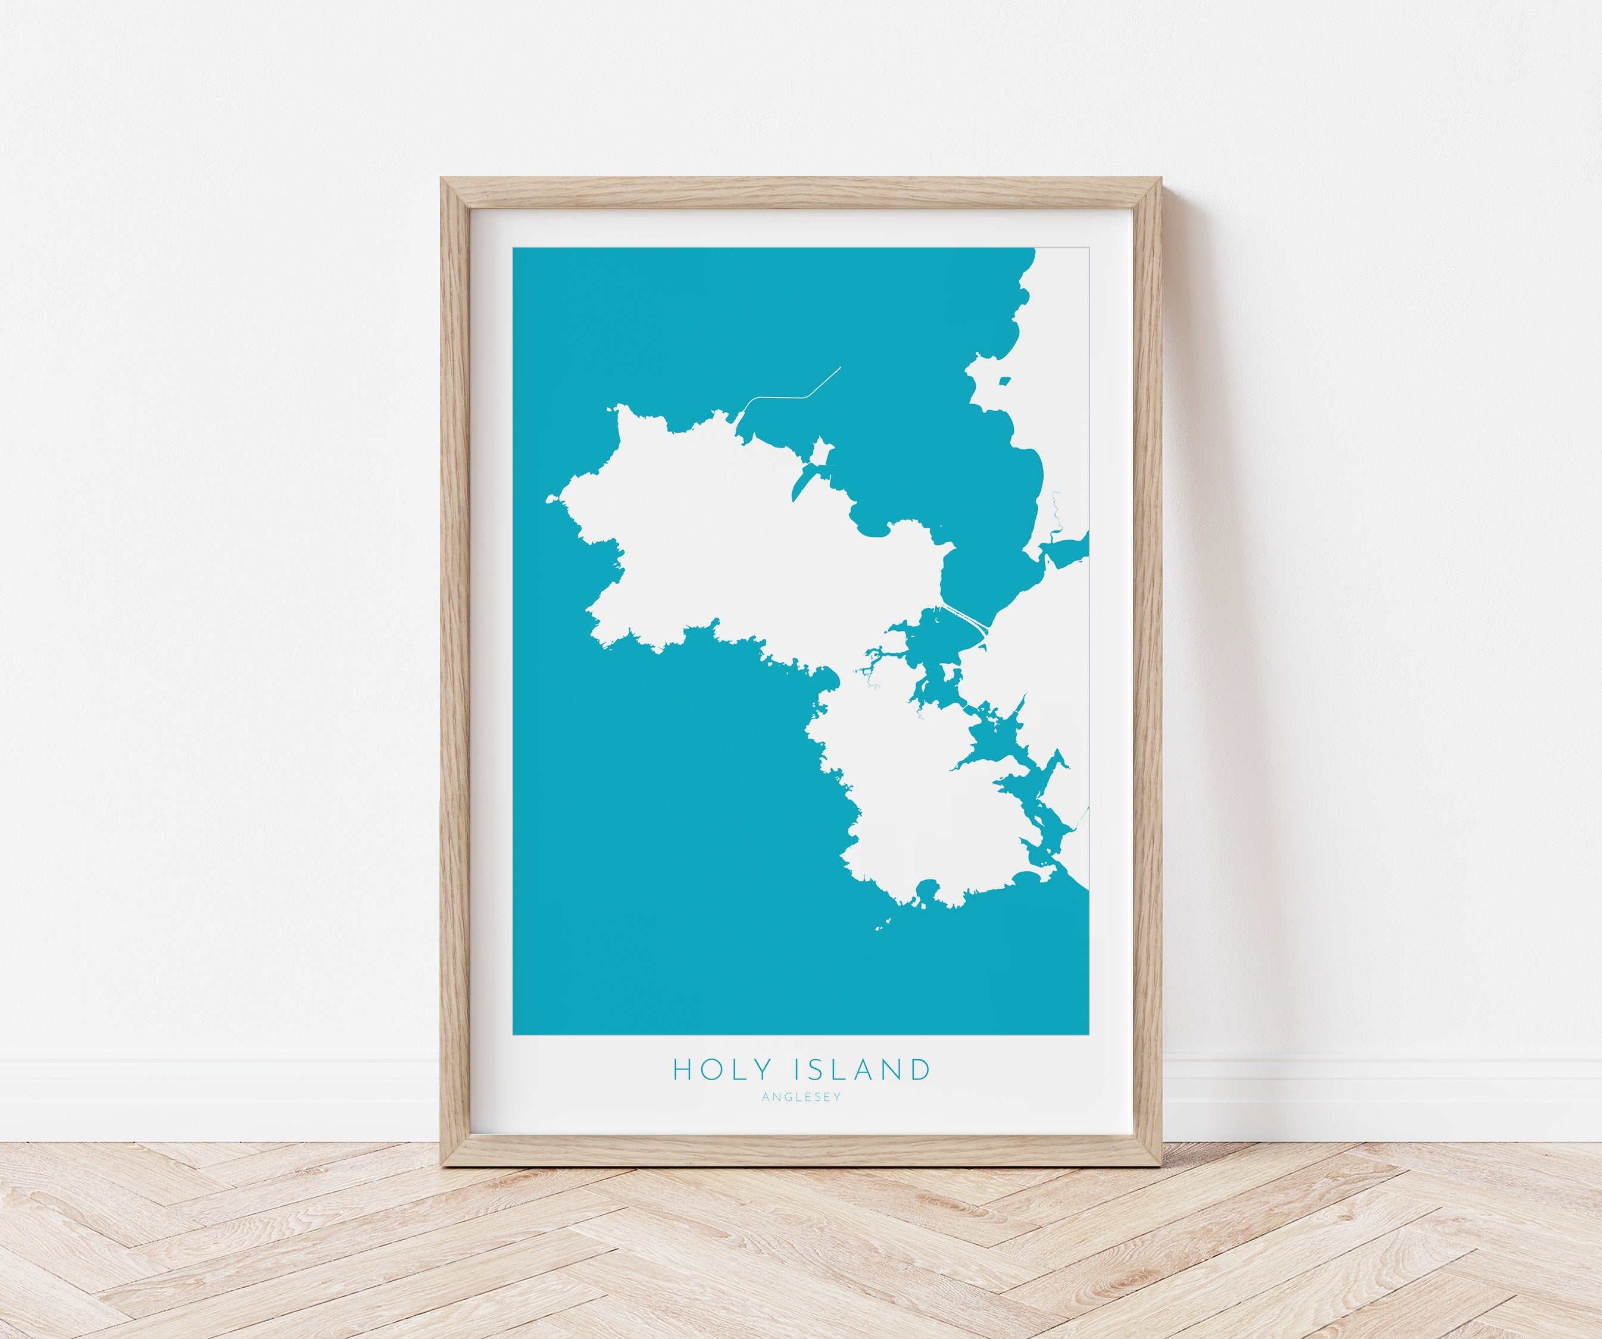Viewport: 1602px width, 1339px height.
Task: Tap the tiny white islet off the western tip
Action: (550, 500)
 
